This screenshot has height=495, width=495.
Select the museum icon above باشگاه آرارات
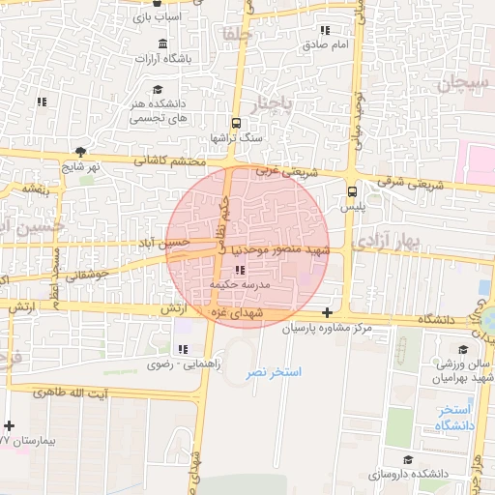click(x=160, y=45)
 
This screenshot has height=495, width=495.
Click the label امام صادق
click(x=325, y=44)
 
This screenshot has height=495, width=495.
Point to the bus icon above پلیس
click(x=351, y=190)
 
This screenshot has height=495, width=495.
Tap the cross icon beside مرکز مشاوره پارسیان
click(x=328, y=312)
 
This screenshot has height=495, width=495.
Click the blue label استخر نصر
click(x=274, y=371)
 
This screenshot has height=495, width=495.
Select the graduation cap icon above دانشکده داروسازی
click(x=408, y=458)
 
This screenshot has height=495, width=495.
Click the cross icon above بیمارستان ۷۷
click(x=9, y=425)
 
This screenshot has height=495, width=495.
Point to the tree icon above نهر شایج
click(x=80, y=152)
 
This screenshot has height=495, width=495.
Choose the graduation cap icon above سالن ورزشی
click(x=461, y=348)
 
